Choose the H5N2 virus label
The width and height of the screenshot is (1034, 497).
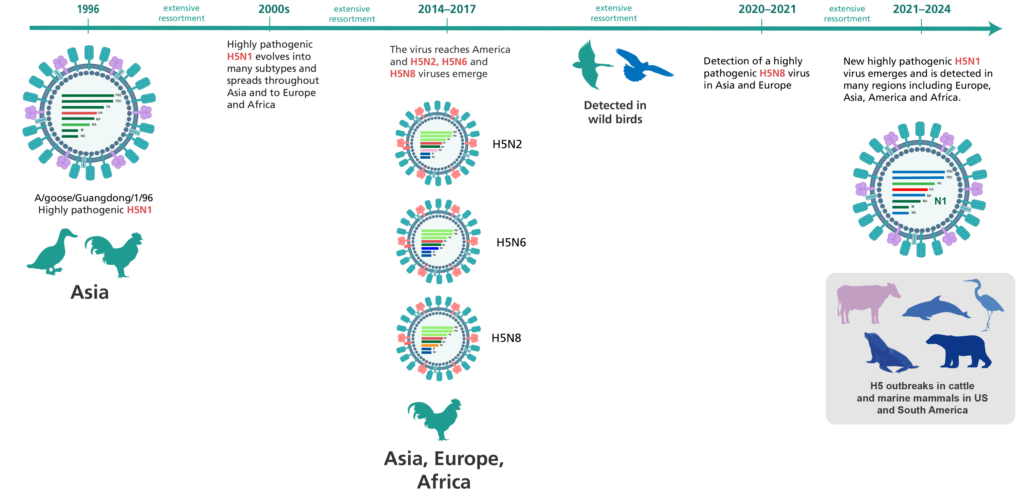507,144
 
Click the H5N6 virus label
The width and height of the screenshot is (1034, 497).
511,243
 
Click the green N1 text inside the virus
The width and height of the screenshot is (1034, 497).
940,201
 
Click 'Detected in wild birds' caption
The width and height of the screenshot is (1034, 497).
615,112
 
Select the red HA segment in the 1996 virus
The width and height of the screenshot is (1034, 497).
79,113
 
